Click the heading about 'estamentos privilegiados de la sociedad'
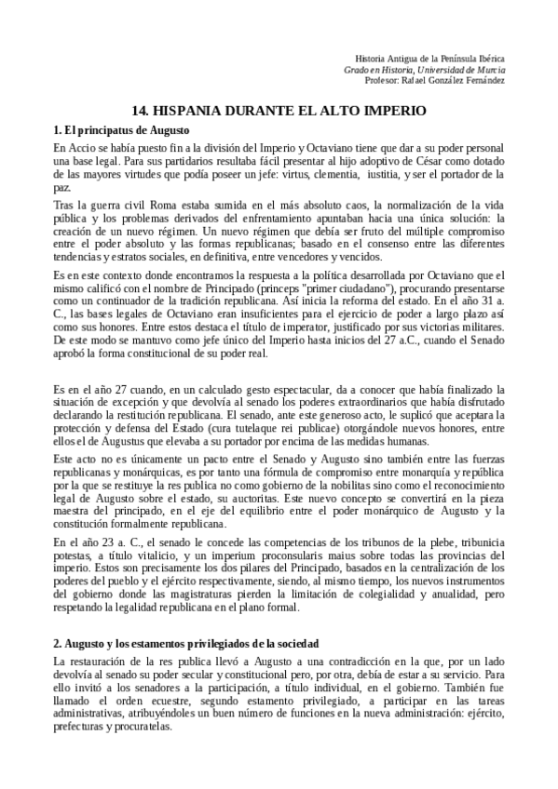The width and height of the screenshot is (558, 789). click(187, 644)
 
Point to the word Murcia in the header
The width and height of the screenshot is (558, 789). click(488, 69)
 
